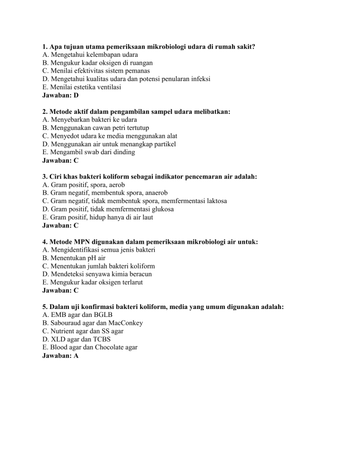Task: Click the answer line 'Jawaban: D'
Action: pos(60,95)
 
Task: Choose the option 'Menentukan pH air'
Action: pos(72,258)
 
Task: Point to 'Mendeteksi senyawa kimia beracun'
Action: pos(98,274)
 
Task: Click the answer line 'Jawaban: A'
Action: pos(60,356)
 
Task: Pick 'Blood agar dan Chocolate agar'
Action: pos(90,347)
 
